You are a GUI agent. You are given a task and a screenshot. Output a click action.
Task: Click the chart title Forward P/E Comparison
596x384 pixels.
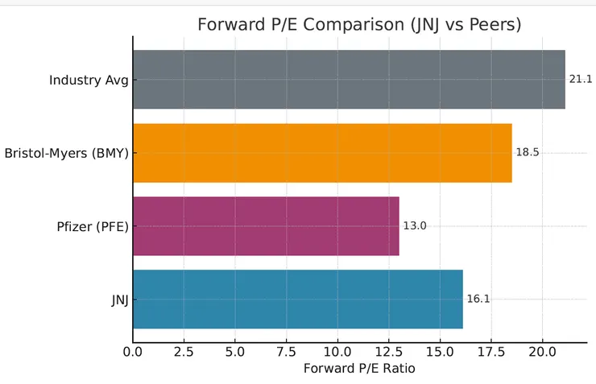[359, 25]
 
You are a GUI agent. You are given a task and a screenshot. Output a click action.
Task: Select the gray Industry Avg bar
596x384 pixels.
[349, 80]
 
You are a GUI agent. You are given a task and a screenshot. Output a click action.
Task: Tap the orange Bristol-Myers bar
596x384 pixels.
[322, 153]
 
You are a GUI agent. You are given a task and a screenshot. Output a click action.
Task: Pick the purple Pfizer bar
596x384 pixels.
[266, 226]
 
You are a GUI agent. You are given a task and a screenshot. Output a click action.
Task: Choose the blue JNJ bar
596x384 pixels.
[298, 299]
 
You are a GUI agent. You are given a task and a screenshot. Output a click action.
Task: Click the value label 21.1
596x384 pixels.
[581, 80]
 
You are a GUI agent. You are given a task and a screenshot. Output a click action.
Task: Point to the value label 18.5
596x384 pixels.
[528, 152]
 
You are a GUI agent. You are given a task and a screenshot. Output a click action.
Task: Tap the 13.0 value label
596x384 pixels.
[415, 226]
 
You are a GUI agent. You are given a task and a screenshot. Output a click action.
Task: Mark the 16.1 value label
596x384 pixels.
[478, 299]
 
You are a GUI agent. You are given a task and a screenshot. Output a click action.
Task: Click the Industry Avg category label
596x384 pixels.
[89, 80]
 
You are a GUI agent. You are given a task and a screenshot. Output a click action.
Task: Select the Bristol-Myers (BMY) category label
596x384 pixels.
[66, 153]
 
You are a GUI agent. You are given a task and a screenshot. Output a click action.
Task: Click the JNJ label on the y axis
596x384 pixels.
[119, 299]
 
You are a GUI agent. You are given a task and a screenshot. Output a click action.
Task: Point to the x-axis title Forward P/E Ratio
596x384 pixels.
[358, 369]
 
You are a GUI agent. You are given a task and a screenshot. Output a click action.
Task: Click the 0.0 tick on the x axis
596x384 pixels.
[133, 351]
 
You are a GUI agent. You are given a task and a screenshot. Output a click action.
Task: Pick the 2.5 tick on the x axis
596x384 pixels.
[184, 351]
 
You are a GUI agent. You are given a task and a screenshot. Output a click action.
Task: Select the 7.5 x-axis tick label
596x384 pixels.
[286, 351]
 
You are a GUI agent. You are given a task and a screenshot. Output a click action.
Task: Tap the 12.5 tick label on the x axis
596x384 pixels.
[388, 351]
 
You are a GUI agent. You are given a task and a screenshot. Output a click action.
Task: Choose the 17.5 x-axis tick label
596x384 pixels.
[490, 351]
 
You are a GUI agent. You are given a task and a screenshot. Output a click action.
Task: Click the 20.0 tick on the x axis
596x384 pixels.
[542, 351]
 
